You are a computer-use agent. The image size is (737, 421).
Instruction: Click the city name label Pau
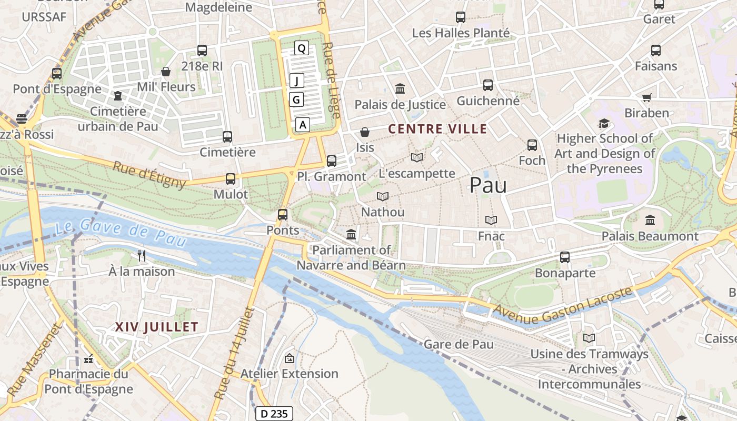(x=488, y=185)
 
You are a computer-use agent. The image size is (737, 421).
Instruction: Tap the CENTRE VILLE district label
(x=437, y=129)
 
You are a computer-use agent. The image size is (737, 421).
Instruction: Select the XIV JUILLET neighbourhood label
(x=157, y=327)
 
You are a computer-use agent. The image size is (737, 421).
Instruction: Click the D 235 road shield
(x=274, y=414)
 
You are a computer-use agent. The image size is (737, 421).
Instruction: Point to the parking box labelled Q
(x=301, y=48)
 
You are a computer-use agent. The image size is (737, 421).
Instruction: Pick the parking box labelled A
(x=302, y=125)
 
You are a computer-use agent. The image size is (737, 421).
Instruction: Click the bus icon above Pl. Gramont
(x=331, y=161)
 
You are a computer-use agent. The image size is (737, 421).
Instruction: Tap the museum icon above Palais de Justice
(x=400, y=88)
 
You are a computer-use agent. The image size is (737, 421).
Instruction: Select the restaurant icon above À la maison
(x=141, y=256)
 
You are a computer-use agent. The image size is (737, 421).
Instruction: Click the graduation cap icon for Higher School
(x=604, y=124)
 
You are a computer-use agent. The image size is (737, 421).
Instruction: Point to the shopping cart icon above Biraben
(x=646, y=98)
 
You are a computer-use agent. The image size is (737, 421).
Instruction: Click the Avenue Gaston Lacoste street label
(x=562, y=306)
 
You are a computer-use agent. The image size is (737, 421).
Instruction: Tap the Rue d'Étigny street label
(x=150, y=174)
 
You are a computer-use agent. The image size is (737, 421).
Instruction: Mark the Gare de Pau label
(x=459, y=344)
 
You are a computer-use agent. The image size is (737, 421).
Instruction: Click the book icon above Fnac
(x=491, y=220)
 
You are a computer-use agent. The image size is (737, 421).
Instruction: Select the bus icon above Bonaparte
(x=565, y=257)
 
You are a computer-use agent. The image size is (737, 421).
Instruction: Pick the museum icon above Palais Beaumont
(x=650, y=220)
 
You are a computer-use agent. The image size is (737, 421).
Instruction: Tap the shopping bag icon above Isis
(x=364, y=132)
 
